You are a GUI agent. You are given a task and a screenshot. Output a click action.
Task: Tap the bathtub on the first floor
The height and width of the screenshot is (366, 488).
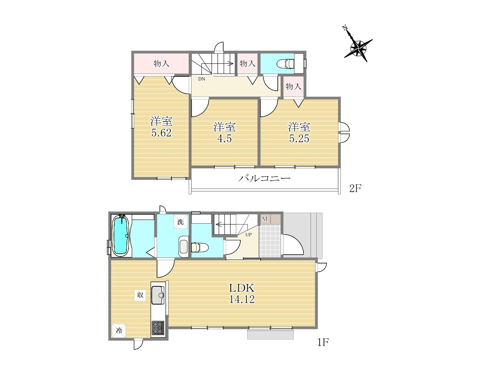pos(121,235)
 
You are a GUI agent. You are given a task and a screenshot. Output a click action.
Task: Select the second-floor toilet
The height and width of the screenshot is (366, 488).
pos(285,64)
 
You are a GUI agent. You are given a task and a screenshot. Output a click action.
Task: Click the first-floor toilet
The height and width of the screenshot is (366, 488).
pos(200,247)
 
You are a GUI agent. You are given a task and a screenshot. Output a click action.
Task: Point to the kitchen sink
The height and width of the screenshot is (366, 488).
pos(158,295)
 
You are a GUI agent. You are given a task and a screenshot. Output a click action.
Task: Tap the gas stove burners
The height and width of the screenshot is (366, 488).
pos(158,328)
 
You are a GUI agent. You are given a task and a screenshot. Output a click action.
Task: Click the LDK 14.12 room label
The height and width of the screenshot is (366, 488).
pos(242,294)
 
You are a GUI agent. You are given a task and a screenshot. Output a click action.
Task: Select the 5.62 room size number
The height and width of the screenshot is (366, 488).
pos(161,133)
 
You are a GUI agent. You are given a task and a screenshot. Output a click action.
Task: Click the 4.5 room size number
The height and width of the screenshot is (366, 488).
pos(224,138)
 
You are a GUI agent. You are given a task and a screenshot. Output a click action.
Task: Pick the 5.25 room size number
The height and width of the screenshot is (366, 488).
pos(299,138)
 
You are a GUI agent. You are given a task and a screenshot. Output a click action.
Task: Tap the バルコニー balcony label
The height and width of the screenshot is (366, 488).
pos(265,178)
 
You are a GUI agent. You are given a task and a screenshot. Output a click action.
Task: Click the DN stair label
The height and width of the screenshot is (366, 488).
pos(202,79)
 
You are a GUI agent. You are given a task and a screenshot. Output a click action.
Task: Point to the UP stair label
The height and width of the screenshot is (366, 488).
pos(248,235)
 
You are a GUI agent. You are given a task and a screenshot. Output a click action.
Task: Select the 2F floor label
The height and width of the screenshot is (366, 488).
pos(355,188)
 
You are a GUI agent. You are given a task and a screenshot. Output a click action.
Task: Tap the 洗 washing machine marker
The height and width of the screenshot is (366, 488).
pos(181,222)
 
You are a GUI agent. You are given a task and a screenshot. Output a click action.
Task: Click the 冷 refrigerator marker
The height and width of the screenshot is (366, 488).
pos(119,331)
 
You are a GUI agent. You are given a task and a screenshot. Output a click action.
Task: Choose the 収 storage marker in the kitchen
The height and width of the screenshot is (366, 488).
pos(140,295)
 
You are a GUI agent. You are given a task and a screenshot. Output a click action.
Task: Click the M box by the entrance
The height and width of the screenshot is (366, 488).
pos(265,219)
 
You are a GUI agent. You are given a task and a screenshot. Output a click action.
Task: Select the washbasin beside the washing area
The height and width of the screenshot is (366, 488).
pos(183,247)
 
